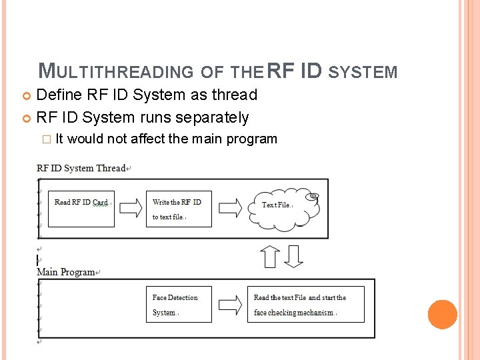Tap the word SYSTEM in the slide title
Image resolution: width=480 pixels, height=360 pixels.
[363, 71]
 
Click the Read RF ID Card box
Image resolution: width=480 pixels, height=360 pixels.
[81, 209]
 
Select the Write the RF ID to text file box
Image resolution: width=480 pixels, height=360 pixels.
[179, 209]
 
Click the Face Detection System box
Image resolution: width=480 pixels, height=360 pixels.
[179, 305]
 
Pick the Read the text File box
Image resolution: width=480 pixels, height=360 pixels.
[306, 305]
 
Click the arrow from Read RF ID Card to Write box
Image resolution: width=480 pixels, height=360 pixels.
[130, 207]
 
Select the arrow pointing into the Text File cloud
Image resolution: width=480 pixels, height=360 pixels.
[230, 207]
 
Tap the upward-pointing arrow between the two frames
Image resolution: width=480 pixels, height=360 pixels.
[270, 255]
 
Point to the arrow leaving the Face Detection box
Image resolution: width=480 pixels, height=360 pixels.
[230, 305]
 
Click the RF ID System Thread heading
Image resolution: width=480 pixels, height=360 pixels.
[81, 168]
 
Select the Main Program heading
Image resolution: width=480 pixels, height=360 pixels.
[66, 272]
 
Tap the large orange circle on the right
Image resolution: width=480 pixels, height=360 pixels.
[442, 315]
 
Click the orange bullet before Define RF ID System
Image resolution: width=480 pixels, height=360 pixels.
[27, 95]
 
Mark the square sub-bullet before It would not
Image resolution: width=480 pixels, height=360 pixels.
[46, 139]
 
